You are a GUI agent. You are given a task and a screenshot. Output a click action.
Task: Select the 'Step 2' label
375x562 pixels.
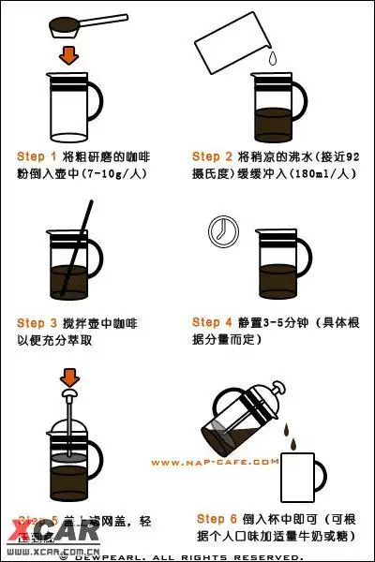pyautogui.click(x=213, y=156)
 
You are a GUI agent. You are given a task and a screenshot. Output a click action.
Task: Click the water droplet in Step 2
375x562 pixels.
pyautogui.click(x=270, y=58)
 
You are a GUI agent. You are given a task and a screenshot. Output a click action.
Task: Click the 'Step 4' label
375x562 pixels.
pyautogui.click(x=213, y=322)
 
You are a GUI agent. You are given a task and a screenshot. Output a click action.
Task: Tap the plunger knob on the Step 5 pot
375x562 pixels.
pyautogui.click(x=69, y=397)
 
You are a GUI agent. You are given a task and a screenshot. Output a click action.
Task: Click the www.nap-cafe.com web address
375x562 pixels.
pyautogui.click(x=214, y=461)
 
